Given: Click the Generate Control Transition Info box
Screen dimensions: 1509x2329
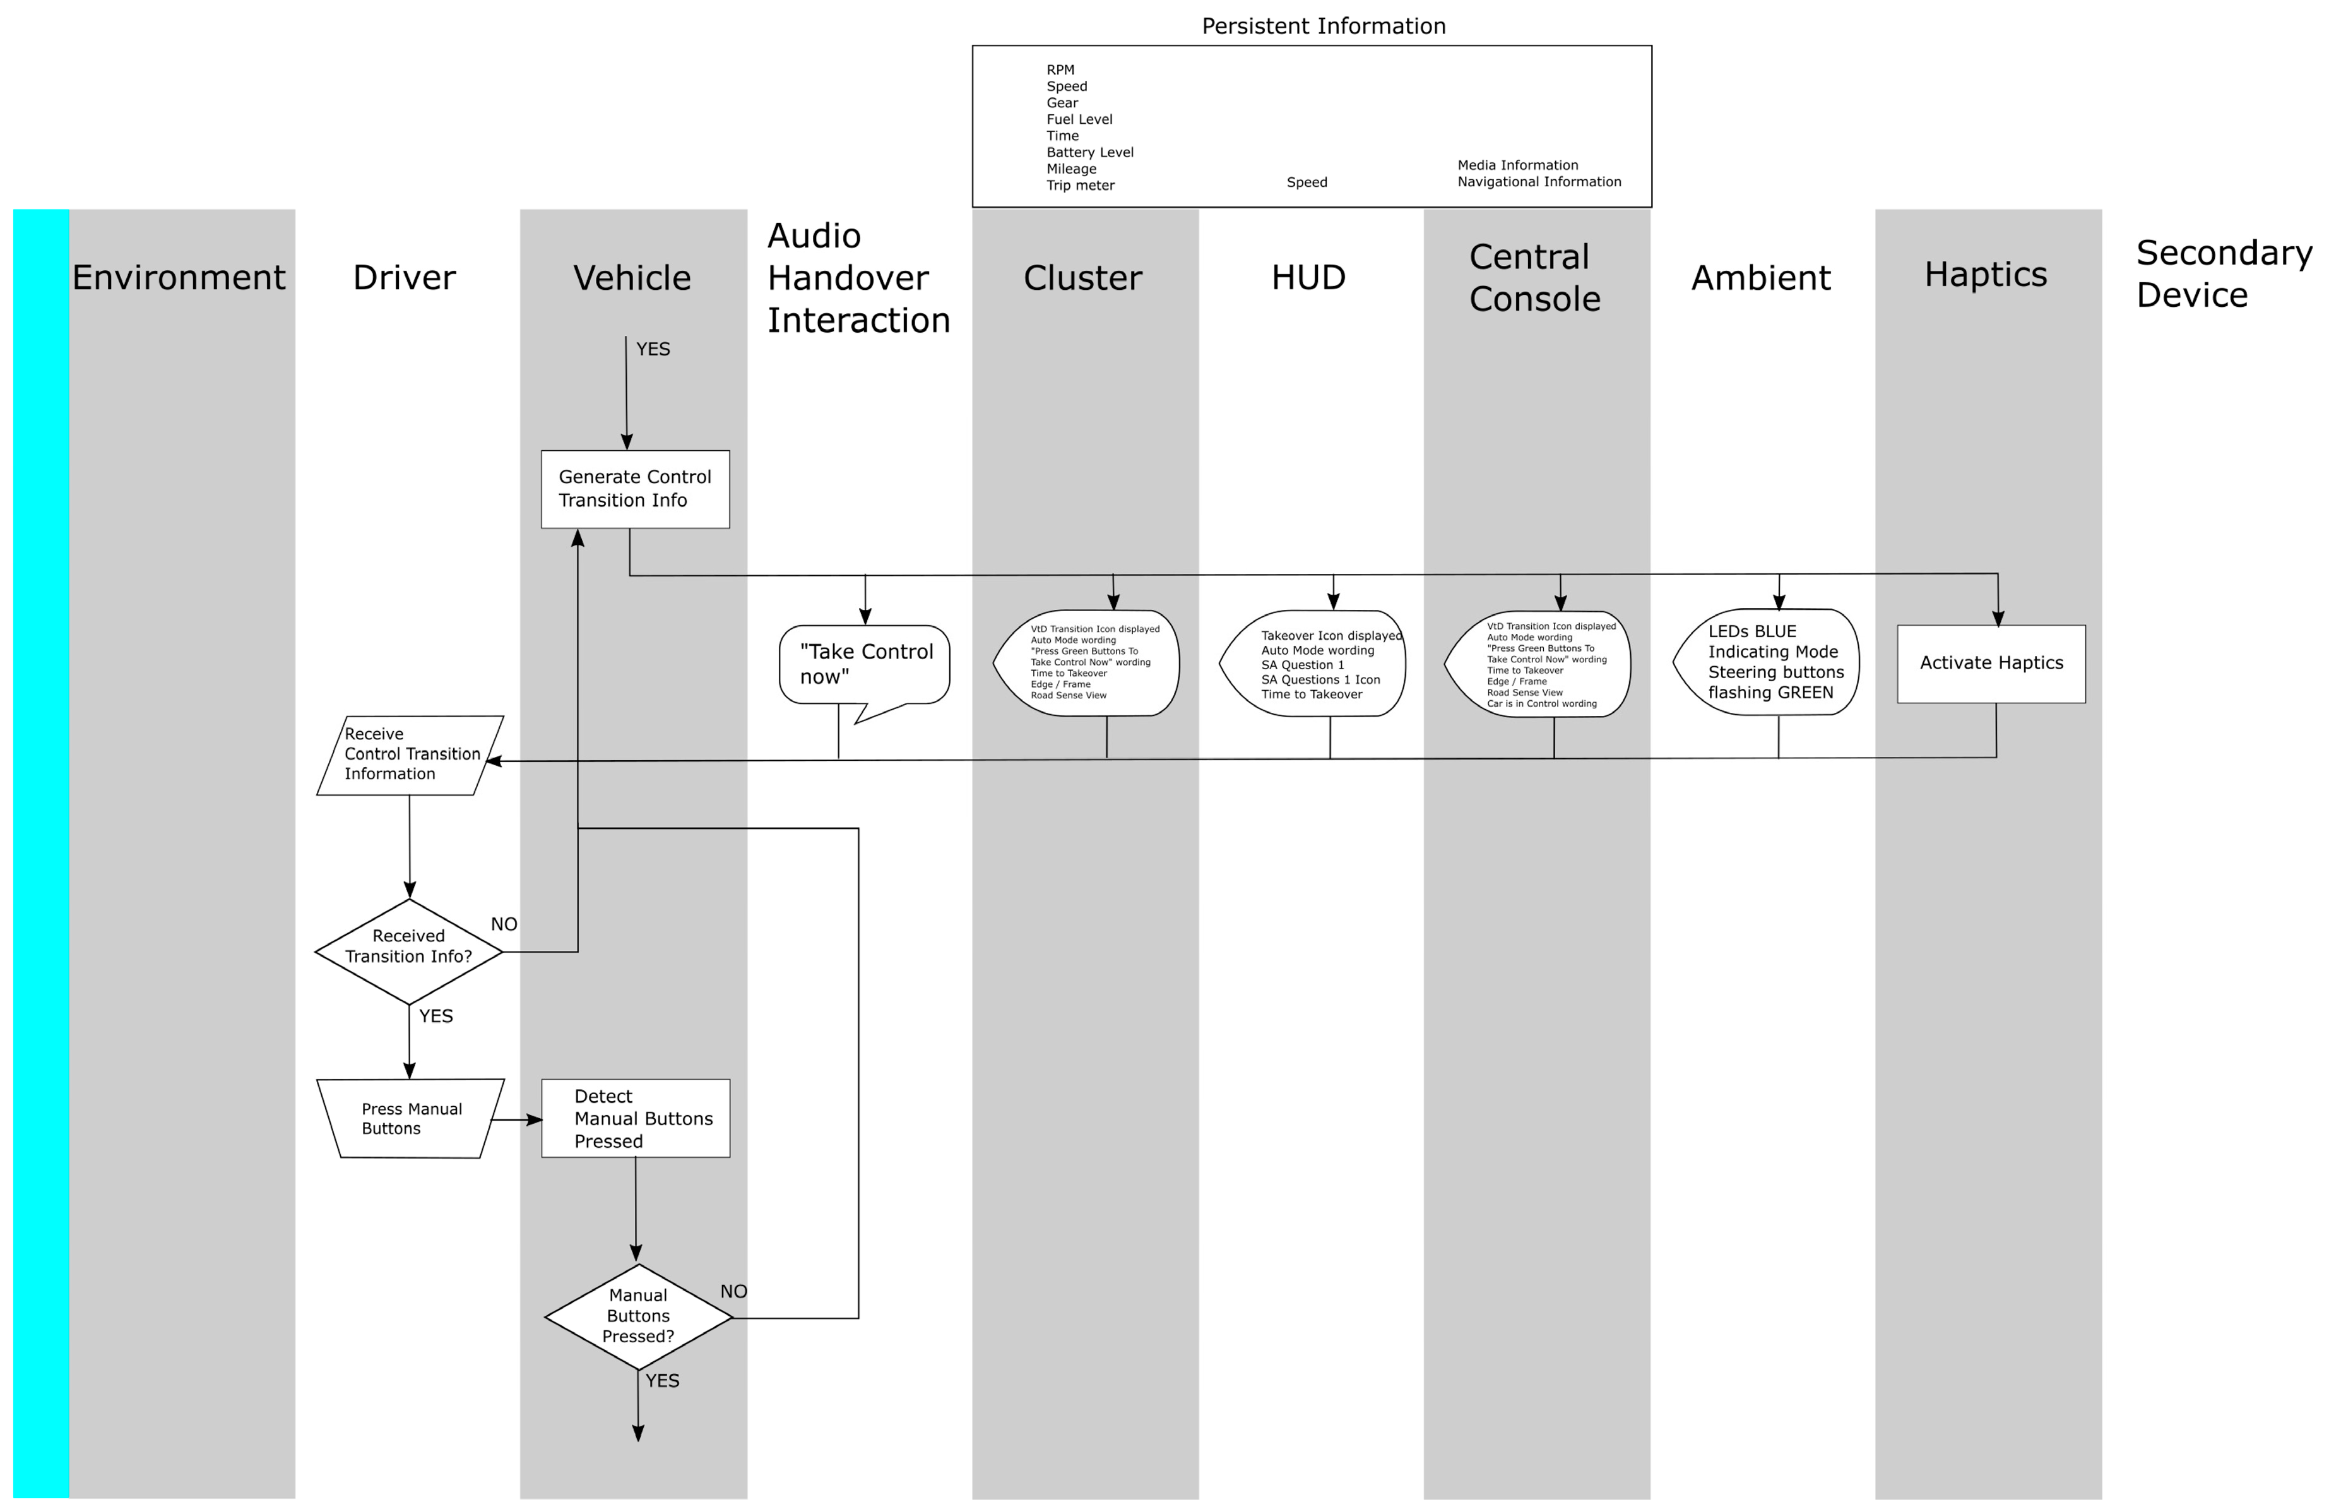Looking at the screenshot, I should pos(635,489).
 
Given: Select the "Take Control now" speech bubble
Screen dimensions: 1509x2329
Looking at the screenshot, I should pos(865,664).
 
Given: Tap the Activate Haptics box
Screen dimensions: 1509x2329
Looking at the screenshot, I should pos(1991,664).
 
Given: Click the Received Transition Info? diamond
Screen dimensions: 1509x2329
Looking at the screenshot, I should pos(409,951).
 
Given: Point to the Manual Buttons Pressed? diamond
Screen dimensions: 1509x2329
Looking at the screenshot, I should pos(638,1316).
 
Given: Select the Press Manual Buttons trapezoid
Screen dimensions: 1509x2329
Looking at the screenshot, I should pos(410,1119).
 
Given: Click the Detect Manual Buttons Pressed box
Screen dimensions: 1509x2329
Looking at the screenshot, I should pos(635,1119).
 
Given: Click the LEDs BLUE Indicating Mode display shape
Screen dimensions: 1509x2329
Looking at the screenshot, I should pos(1767,662).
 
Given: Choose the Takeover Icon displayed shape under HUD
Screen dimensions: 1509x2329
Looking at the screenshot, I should pos(1314,664).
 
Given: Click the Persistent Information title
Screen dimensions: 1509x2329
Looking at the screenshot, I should pos(1323,27).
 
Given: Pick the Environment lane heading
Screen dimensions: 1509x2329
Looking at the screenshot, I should pos(179,278).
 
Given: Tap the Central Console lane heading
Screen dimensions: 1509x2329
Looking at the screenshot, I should pos(1534,278).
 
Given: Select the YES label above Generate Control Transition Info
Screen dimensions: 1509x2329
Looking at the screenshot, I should pos(653,349).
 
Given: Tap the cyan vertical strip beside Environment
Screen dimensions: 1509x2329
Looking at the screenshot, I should pos(41,851).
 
